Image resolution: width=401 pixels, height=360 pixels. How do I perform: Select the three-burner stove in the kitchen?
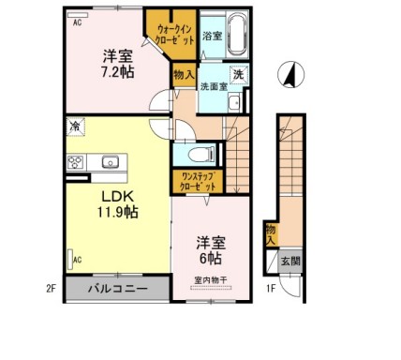(x=76, y=163)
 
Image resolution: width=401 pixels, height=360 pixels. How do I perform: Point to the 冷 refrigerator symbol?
(x=73, y=124)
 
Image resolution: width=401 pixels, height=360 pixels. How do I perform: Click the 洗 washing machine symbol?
(x=239, y=74)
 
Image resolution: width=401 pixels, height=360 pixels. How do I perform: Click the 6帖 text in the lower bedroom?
(x=213, y=255)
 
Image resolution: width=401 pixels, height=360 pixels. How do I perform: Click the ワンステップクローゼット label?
(x=194, y=182)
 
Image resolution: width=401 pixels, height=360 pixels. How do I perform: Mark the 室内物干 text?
(x=213, y=278)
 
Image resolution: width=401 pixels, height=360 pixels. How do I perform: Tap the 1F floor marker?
(x=270, y=288)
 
